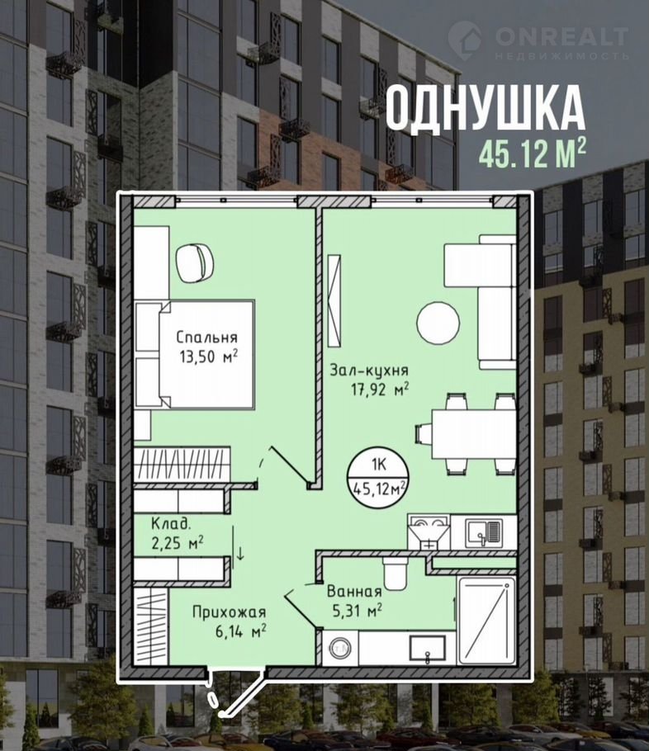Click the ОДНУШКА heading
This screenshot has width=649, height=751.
(x=485, y=108)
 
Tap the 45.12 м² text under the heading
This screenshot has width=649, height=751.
(x=532, y=154)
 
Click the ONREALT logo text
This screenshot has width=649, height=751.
(x=561, y=37)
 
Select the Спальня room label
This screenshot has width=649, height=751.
(x=206, y=338)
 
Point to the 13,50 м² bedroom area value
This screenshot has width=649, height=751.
(x=209, y=357)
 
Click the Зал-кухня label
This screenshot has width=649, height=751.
(x=369, y=371)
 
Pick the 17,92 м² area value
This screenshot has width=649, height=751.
(x=380, y=390)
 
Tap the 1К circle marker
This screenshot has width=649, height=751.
(x=379, y=477)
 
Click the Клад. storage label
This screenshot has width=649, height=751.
(x=171, y=524)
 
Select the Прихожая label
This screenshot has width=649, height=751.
(x=229, y=612)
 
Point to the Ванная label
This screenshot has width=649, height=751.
(x=354, y=592)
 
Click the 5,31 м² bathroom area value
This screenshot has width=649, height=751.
(x=357, y=611)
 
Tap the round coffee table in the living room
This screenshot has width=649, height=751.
(x=438, y=323)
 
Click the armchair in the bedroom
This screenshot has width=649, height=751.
(x=195, y=263)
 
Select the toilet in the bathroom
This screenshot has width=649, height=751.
(x=395, y=573)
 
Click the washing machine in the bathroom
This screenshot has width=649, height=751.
(x=340, y=648)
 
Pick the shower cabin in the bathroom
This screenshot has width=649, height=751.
(x=486, y=621)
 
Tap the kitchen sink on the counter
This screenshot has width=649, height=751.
(x=484, y=533)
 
